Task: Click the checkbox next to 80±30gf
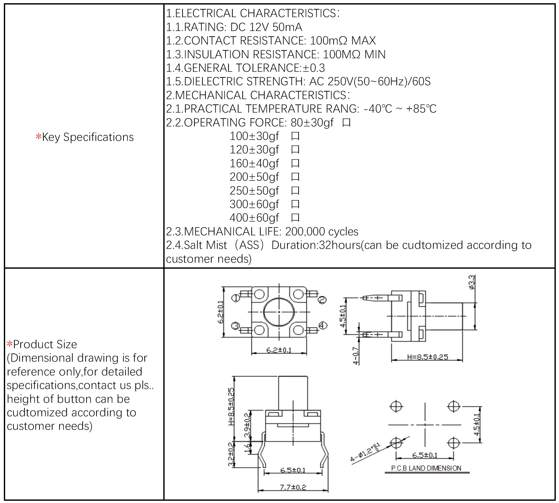click(346, 123)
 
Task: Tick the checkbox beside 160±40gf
click(295, 164)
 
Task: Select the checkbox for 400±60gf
click(295, 218)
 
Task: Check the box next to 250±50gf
click(295, 191)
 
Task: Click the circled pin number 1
click(236, 298)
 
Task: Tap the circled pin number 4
click(322, 326)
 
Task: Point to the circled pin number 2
click(322, 300)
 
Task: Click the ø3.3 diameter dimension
click(472, 283)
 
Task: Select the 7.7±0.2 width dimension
click(293, 487)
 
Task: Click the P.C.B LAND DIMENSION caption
click(426, 468)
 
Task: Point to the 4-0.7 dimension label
click(356, 355)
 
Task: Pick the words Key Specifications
click(88, 137)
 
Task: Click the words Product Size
click(45, 344)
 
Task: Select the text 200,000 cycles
click(321, 231)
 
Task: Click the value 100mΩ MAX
click(343, 40)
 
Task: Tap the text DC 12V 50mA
click(266, 27)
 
